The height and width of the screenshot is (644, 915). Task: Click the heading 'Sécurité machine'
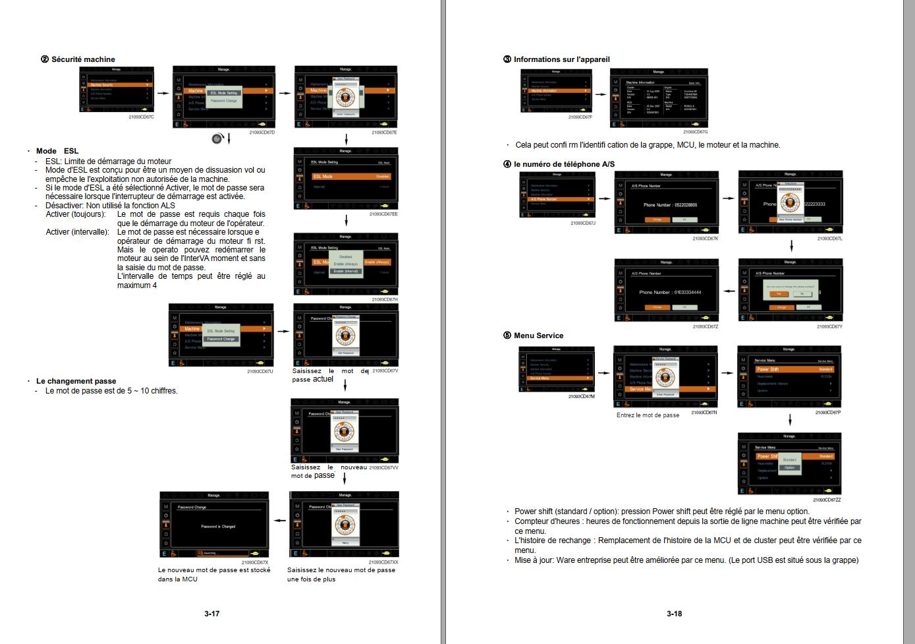[x=83, y=59]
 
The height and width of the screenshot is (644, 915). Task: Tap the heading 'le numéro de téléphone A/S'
[x=564, y=164]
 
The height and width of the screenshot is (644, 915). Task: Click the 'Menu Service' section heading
[x=538, y=336]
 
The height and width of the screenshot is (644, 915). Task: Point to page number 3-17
[x=211, y=614]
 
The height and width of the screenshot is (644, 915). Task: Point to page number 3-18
[x=674, y=614]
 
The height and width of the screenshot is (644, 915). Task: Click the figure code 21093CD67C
[x=141, y=117]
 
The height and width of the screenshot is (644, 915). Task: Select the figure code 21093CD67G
[x=695, y=132]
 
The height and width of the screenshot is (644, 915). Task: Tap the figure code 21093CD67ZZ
[x=827, y=500]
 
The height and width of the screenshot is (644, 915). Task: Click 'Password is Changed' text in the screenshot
[x=218, y=527]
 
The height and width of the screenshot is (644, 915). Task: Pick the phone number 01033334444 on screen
[x=670, y=292]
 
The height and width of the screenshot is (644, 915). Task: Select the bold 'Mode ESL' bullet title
[x=57, y=151]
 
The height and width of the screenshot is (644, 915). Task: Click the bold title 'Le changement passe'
[x=76, y=381]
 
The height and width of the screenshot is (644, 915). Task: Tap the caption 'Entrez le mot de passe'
[x=648, y=415]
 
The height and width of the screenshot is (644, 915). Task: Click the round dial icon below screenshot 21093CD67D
[x=217, y=138]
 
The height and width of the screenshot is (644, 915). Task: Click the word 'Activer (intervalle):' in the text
[x=77, y=232]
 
